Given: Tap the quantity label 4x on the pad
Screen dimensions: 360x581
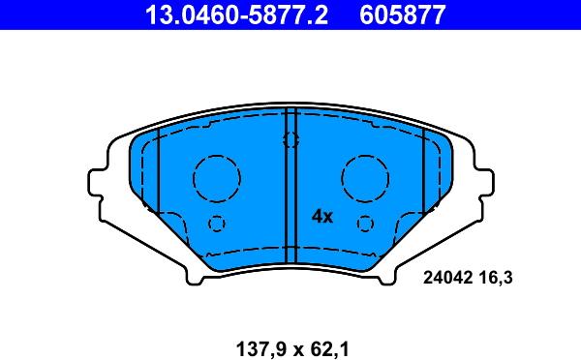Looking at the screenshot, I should click(321, 217).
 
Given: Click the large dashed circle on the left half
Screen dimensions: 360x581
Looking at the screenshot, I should click(216, 178).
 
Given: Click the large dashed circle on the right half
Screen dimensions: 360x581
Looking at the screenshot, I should click(365, 178).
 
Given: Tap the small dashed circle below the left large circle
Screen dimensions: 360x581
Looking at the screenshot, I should click(217, 224).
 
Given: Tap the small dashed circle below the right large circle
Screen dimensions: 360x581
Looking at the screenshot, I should click(364, 224).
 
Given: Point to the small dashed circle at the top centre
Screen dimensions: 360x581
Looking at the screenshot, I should click(290, 139).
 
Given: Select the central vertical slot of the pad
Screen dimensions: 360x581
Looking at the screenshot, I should click(290, 184).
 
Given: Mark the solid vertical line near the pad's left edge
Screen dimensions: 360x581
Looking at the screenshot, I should click(158, 174).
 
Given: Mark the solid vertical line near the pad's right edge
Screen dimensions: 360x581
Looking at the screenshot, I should click(423, 174).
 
